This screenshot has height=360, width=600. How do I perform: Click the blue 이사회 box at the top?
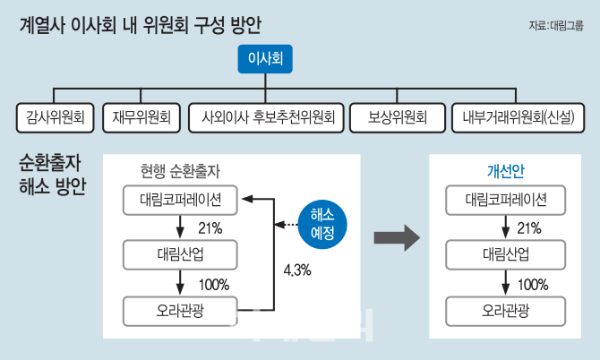point(265,59)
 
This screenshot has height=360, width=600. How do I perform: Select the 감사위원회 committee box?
point(56,118)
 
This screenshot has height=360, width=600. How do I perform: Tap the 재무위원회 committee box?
point(141,118)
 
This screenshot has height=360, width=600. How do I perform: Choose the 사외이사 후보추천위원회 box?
point(266,118)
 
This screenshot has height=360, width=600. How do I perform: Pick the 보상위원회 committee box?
point(398,118)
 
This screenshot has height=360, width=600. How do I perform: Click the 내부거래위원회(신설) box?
point(519,118)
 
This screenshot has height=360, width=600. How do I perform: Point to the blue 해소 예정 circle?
point(322,224)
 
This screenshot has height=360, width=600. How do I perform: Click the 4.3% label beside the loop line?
point(297,270)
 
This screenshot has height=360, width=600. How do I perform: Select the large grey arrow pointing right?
point(397,237)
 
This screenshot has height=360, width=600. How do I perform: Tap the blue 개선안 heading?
point(505,171)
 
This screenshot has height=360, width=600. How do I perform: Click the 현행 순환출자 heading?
point(180,171)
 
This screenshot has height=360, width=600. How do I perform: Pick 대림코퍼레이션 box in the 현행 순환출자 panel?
point(180,200)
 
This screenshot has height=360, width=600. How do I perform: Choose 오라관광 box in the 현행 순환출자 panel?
point(180,311)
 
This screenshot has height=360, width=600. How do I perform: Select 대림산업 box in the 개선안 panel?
point(505,255)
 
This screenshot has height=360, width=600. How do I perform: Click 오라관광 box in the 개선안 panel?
point(505,311)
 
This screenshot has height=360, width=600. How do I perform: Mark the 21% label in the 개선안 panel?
point(529,228)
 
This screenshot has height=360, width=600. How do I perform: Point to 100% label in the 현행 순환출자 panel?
point(214,285)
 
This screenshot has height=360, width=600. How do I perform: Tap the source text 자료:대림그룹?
point(556,26)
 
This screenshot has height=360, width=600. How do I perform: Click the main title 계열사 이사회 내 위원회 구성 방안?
point(140,26)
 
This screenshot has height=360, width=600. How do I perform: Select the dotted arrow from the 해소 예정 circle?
point(287,225)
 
